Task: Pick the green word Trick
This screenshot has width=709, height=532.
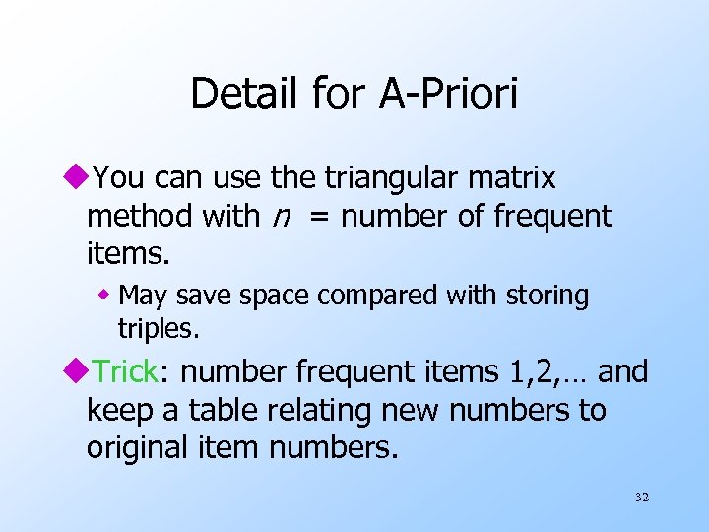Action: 125,372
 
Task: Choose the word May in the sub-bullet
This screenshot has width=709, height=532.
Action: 142,296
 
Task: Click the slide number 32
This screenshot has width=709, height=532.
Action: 641,498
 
